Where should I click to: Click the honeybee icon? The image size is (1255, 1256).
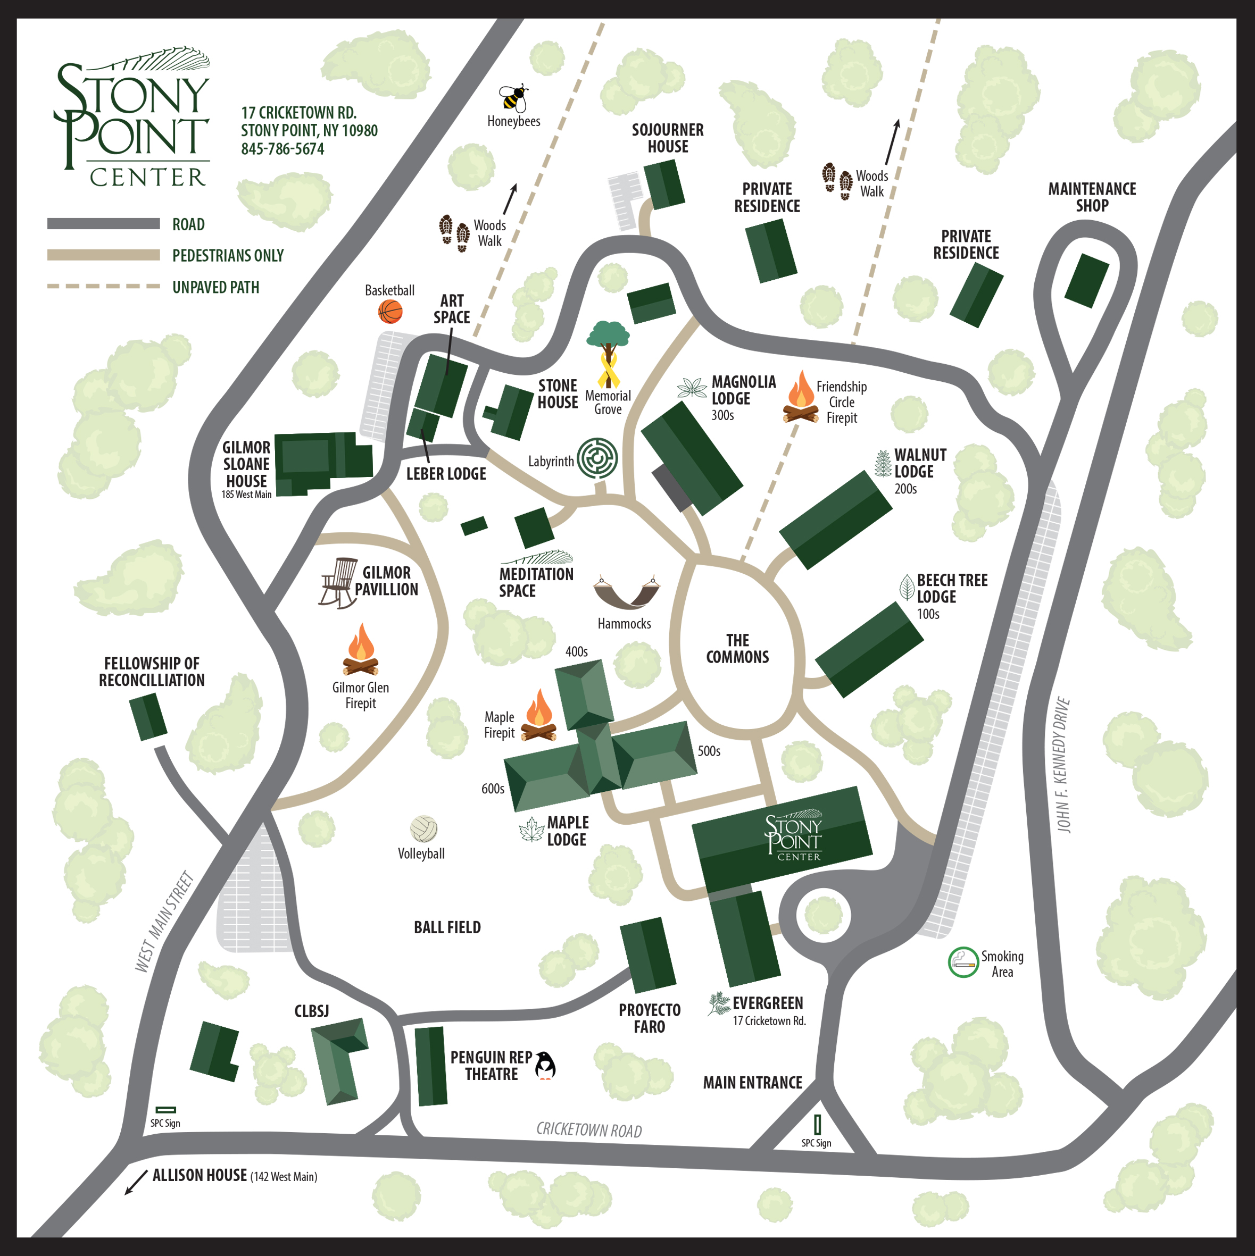tap(513, 98)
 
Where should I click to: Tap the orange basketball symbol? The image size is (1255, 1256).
tap(390, 312)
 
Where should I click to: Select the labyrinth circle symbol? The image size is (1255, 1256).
tap(597, 458)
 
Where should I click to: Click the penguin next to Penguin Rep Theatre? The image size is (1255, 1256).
tap(545, 1066)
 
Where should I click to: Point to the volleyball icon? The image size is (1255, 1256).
tap(423, 829)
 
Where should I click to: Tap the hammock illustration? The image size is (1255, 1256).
tap(626, 592)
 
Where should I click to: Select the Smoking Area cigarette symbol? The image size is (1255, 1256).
tap(963, 962)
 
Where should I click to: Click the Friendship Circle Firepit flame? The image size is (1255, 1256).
tap(801, 397)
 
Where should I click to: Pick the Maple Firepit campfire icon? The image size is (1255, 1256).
tap(538, 715)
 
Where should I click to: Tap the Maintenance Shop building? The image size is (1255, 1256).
tap(1086, 281)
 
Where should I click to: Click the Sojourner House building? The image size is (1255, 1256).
tap(664, 185)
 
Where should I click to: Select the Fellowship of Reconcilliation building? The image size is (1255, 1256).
tap(148, 716)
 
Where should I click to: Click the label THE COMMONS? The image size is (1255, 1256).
tap(737, 649)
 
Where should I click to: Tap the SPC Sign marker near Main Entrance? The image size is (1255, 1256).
tap(817, 1124)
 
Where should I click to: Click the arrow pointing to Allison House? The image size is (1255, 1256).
tap(136, 1182)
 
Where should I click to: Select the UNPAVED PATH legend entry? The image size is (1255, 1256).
tap(215, 287)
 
